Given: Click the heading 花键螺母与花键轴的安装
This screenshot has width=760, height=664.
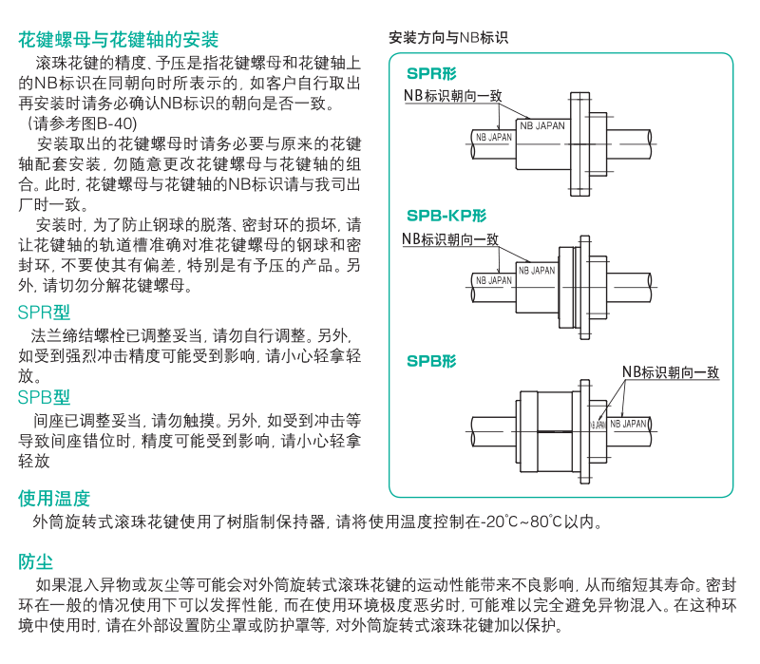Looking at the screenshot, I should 119,40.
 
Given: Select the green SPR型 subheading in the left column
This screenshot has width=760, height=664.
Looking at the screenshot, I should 44,313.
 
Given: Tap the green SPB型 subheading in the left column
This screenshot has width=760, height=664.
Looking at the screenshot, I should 44,397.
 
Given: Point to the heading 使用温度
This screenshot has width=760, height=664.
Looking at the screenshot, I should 54,498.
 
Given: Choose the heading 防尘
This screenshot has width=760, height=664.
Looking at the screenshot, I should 36,561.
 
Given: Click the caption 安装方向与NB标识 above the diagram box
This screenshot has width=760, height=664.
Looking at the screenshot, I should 448,39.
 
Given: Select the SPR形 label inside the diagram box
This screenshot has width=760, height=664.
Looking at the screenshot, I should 431,74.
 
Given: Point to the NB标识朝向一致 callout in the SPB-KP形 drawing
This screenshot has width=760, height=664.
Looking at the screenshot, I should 450,238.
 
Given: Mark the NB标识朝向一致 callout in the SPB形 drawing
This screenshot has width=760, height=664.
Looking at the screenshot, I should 671,372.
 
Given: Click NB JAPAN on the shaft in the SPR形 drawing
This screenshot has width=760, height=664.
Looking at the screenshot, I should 494,138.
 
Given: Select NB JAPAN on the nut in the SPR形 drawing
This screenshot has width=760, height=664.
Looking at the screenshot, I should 541,125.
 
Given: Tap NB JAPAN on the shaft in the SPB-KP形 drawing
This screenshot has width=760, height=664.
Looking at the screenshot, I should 494,280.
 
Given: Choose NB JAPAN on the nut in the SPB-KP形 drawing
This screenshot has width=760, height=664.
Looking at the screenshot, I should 537,271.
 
